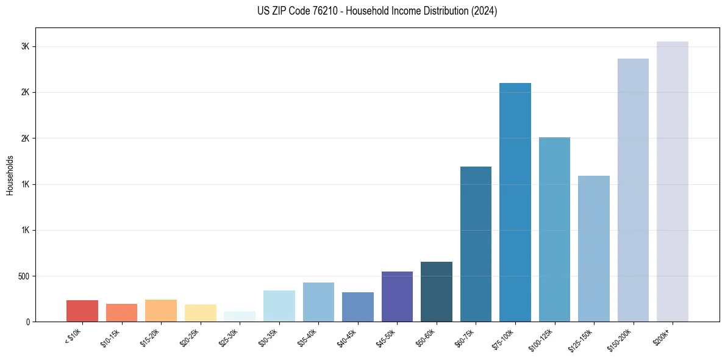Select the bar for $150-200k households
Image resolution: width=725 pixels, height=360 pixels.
tap(633, 190)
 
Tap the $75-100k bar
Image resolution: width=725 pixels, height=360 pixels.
tap(515, 202)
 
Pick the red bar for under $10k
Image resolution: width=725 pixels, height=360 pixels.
tap(82, 311)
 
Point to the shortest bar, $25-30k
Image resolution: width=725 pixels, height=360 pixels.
tap(240, 316)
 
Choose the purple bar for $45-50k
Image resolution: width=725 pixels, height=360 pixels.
tap(397, 297)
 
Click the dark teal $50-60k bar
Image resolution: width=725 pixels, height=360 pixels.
tap(437, 292)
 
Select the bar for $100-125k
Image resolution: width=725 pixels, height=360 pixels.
tap(554, 229)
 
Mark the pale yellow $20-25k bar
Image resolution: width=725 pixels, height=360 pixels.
tap(201, 313)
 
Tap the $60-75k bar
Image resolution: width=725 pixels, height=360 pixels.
tap(476, 244)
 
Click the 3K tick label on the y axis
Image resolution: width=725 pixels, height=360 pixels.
tap(26, 47)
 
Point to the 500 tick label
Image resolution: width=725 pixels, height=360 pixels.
tap(23, 276)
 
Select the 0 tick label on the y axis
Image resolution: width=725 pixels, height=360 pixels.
tap(28, 322)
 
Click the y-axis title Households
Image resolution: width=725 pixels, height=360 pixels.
tap(10, 175)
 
